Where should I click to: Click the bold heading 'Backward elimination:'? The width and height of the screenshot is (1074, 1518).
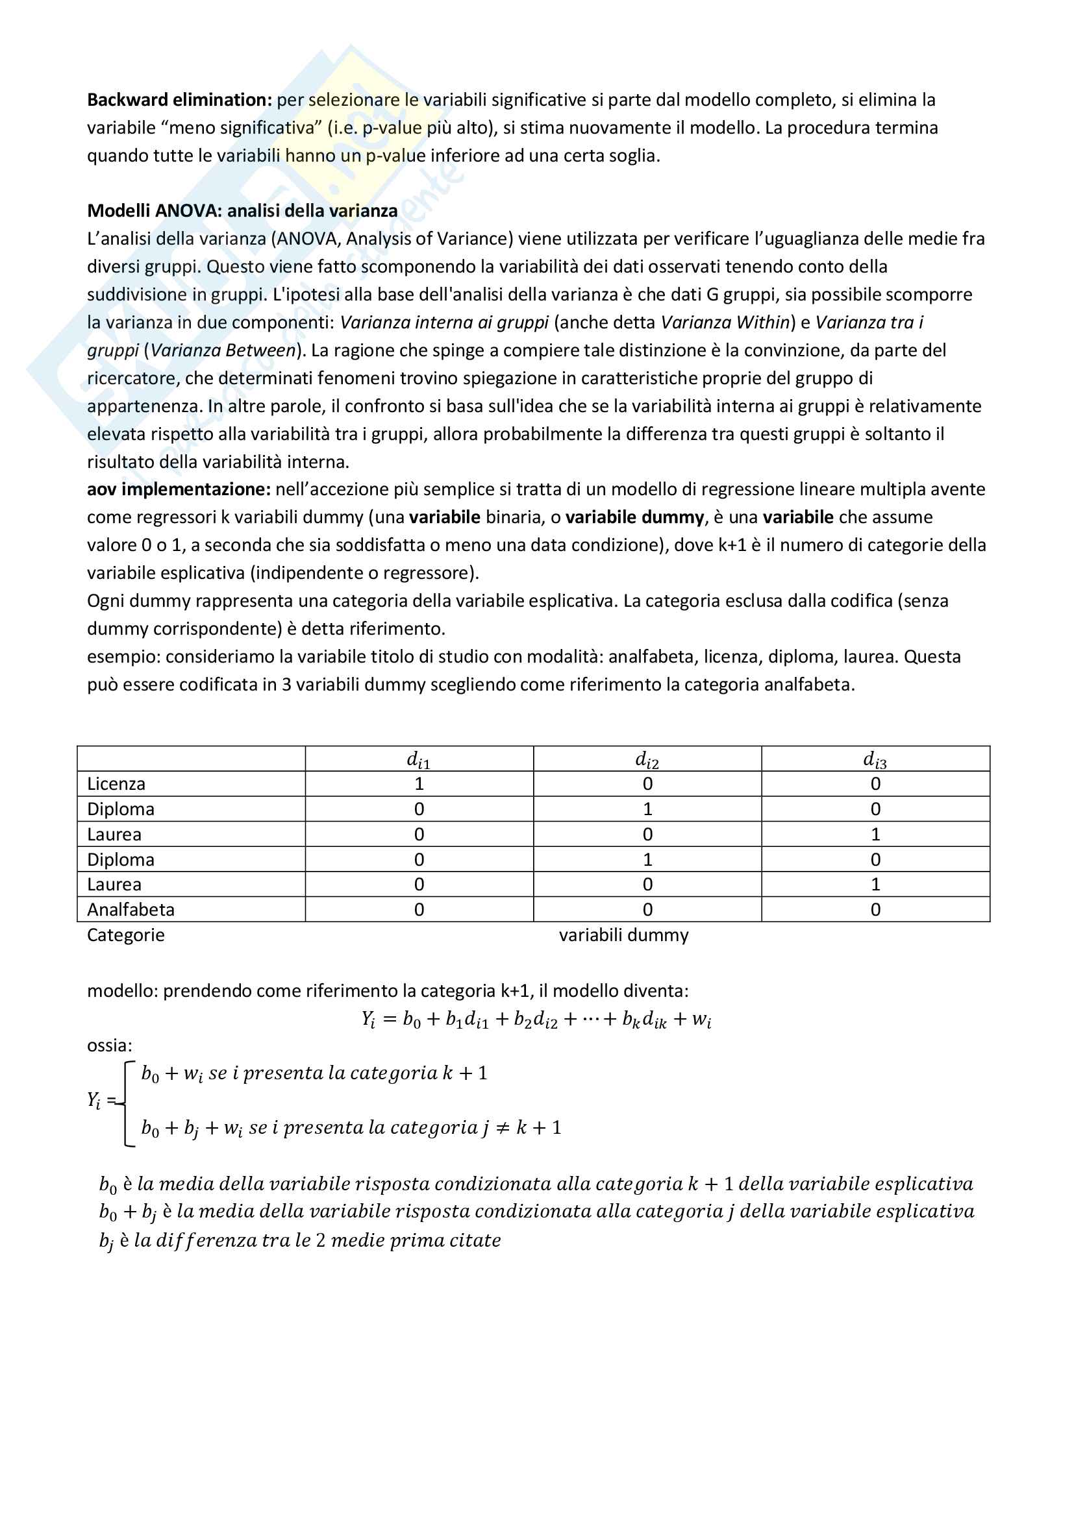click(179, 100)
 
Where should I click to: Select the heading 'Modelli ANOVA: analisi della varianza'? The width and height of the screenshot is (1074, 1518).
click(242, 211)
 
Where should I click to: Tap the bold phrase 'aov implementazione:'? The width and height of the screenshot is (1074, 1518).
click(179, 489)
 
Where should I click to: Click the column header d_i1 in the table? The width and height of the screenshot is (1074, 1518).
click(419, 760)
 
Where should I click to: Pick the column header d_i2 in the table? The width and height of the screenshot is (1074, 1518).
click(647, 760)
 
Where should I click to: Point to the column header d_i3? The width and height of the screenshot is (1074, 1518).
click(875, 760)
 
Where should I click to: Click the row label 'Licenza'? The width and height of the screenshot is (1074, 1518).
click(116, 784)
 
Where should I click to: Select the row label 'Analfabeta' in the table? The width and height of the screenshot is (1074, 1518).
click(131, 910)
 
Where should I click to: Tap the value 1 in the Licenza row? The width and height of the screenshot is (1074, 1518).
click(419, 784)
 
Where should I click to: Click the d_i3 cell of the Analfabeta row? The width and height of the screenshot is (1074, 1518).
click(875, 910)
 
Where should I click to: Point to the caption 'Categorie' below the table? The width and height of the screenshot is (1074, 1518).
click(126, 935)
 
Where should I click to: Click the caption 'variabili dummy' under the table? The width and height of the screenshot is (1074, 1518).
click(623, 935)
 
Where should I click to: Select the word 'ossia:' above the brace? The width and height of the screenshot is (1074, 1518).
click(110, 1046)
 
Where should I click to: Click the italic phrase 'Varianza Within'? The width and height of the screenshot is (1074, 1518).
click(725, 323)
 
